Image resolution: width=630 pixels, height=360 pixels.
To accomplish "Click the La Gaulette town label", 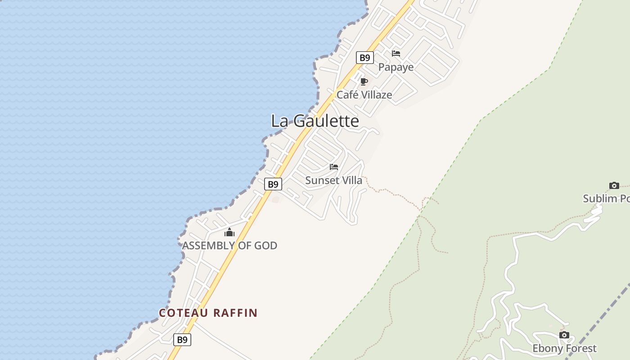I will pyautogui.click(x=315, y=121).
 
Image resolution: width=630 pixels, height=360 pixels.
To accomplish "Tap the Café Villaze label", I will pyautogui.click(x=364, y=95).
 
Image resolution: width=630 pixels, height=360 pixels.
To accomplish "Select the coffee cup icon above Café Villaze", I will pyautogui.click(x=364, y=81).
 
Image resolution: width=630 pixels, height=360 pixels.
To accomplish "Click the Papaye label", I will pyautogui.click(x=396, y=67).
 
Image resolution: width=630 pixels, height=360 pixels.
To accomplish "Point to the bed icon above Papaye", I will pyautogui.click(x=396, y=54).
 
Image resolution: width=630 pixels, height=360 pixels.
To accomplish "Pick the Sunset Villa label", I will pyautogui.click(x=333, y=180).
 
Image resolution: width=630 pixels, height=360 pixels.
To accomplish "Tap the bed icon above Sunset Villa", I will pyautogui.click(x=334, y=166).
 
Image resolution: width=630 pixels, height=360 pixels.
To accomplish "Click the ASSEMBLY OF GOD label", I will pyautogui.click(x=229, y=246).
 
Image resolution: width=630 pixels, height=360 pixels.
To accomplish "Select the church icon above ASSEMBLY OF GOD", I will pyautogui.click(x=229, y=232).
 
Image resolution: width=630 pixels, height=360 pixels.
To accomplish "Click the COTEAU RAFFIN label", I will pyautogui.click(x=208, y=313).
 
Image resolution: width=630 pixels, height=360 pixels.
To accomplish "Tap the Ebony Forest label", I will pyautogui.click(x=564, y=348).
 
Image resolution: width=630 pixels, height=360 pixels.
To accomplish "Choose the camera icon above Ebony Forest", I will pyautogui.click(x=564, y=335).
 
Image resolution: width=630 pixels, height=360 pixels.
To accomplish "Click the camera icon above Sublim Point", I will pyautogui.click(x=614, y=185).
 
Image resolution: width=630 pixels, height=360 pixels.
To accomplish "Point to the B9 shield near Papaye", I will pyautogui.click(x=365, y=58).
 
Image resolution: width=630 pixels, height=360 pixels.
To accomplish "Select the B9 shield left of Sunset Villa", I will pyautogui.click(x=273, y=184).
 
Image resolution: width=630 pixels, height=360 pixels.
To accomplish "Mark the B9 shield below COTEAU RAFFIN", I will pyautogui.click(x=182, y=340).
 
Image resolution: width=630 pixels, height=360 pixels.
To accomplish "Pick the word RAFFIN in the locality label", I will pyautogui.click(x=235, y=313).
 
